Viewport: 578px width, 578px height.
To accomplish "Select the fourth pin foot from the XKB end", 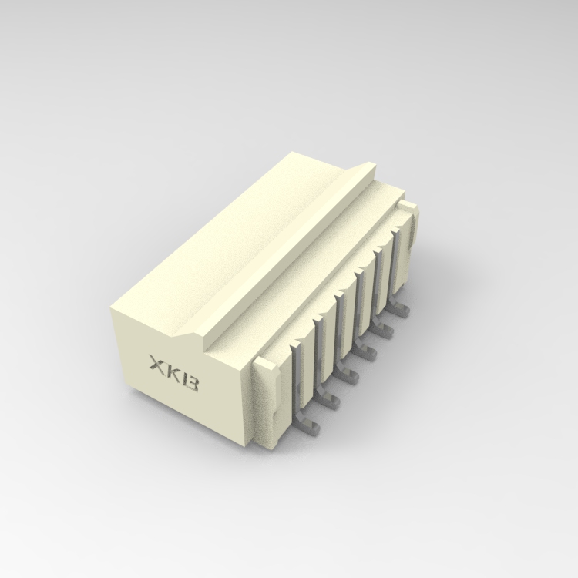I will (x=367, y=353).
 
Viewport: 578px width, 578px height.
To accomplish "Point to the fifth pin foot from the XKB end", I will (x=384, y=332).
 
